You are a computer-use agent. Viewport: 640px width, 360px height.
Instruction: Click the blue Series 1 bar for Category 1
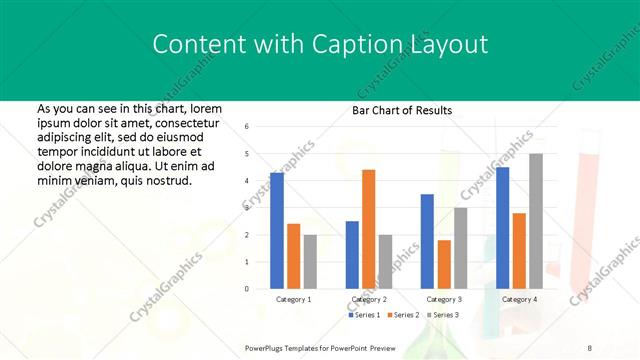point(277,230)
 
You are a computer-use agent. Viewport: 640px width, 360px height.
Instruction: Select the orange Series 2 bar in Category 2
point(368,229)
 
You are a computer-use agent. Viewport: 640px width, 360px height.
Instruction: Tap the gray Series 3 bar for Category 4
point(536,221)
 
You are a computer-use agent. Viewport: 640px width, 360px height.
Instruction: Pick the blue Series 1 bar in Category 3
point(427,241)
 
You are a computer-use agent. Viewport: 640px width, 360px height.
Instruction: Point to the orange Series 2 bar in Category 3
point(444,264)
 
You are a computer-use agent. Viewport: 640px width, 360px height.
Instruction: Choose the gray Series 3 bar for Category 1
point(310,261)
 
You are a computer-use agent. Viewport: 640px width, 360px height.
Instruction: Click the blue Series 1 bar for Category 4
point(502,227)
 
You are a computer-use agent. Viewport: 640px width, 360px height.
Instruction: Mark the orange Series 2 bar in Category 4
point(519,250)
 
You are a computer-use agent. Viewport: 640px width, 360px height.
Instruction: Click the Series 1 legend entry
point(366,315)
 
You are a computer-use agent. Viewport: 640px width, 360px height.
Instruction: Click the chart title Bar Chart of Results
point(402,110)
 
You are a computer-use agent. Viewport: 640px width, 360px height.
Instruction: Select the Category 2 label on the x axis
point(369,299)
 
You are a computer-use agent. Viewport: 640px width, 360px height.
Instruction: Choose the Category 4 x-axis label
point(519,299)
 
